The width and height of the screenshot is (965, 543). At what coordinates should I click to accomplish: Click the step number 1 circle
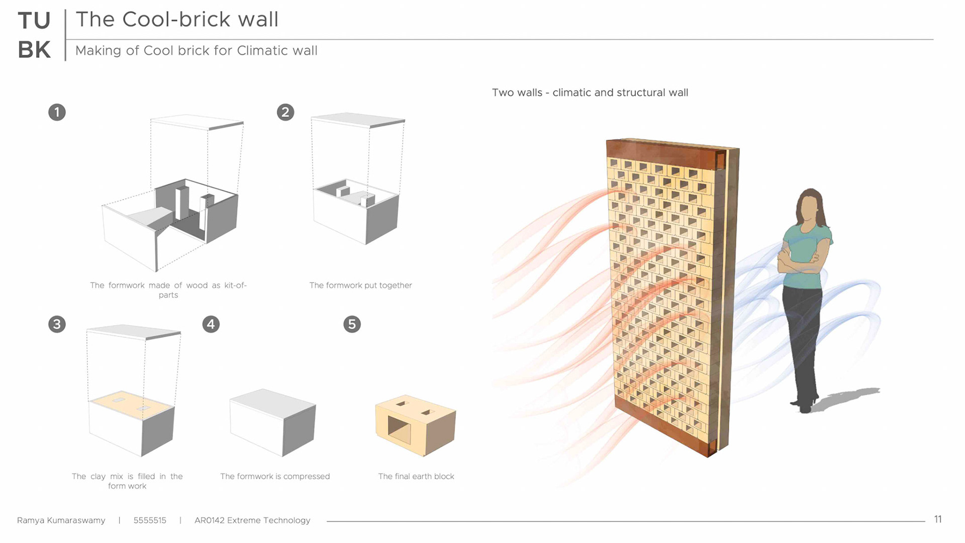(57, 112)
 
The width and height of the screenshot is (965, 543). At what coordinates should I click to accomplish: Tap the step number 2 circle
(285, 112)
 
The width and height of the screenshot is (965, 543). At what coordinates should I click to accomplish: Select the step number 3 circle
(57, 324)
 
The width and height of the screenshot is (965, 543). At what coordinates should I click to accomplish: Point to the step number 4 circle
(211, 324)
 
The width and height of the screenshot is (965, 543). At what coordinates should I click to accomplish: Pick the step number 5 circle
(352, 324)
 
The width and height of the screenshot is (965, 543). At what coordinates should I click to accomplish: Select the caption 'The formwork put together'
(360, 286)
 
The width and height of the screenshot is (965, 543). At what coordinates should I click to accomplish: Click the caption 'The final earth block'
(416, 477)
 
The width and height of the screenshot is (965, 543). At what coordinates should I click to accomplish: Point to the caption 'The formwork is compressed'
(275, 477)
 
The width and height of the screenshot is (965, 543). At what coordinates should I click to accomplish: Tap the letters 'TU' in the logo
(34, 21)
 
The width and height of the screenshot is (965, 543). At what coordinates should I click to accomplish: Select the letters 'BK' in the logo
(34, 50)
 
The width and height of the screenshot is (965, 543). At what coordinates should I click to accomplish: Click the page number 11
(938, 519)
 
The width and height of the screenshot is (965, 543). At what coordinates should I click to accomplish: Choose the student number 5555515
(150, 520)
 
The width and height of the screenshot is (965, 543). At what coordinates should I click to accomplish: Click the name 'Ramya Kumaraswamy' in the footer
(61, 520)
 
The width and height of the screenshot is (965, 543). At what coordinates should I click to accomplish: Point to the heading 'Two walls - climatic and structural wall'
(590, 93)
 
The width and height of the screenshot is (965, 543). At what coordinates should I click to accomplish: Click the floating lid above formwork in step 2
(358, 119)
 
